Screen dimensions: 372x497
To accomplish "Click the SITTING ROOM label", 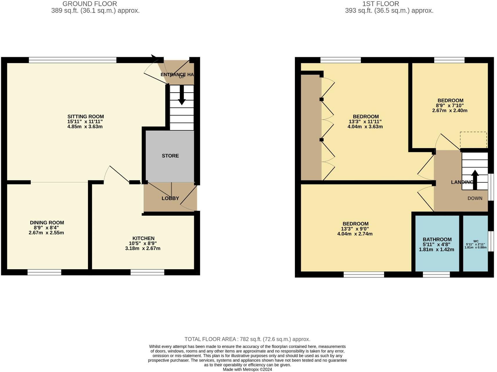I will click(85, 116).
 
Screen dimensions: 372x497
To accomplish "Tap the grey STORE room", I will click(170, 156).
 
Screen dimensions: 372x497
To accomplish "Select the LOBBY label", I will click(170, 198).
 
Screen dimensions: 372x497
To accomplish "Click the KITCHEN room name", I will click(143, 238).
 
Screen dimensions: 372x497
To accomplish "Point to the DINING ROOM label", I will click(47, 223).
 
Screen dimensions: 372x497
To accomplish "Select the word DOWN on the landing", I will click(475, 198).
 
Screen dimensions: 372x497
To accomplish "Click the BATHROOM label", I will click(437, 240).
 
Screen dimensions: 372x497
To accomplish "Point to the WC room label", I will click(476, 241).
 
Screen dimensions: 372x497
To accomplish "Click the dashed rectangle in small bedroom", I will click(473, 140).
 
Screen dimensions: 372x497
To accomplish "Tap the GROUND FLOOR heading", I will click(90, 4).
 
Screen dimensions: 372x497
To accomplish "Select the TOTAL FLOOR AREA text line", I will click(247, 339).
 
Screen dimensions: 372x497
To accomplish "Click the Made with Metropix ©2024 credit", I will click(247, 369).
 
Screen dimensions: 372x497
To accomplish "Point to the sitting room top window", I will click(73, 60).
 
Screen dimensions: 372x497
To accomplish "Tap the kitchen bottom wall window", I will click(147, 272).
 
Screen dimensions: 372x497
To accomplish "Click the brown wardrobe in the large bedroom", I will click(311, 128).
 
